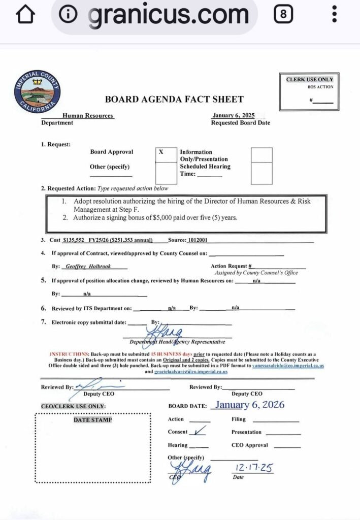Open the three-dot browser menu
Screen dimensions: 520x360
[x=334, y=14]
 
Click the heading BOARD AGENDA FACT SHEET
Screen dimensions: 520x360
[x=174, y=100]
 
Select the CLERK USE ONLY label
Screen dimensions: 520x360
[x=310, y=80]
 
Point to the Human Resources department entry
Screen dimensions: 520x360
[x=88, y=116]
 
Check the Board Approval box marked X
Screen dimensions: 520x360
[x=161, y=152]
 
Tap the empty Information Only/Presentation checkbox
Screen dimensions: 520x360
[x=261, y=155]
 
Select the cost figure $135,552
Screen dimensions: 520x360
[x=76, y=240]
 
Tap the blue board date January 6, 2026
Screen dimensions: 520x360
[x=249, y=405]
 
